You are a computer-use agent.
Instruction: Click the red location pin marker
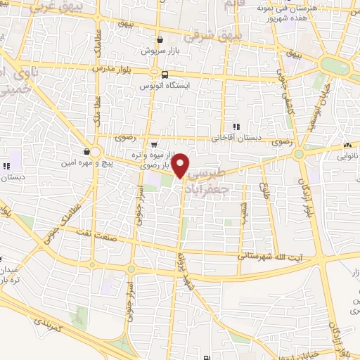[181, 165]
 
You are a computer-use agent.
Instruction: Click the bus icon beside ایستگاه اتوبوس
[164, 74]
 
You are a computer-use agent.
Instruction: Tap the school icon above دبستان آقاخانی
[236, 127]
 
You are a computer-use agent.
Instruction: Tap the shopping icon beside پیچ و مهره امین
[86, 151]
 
